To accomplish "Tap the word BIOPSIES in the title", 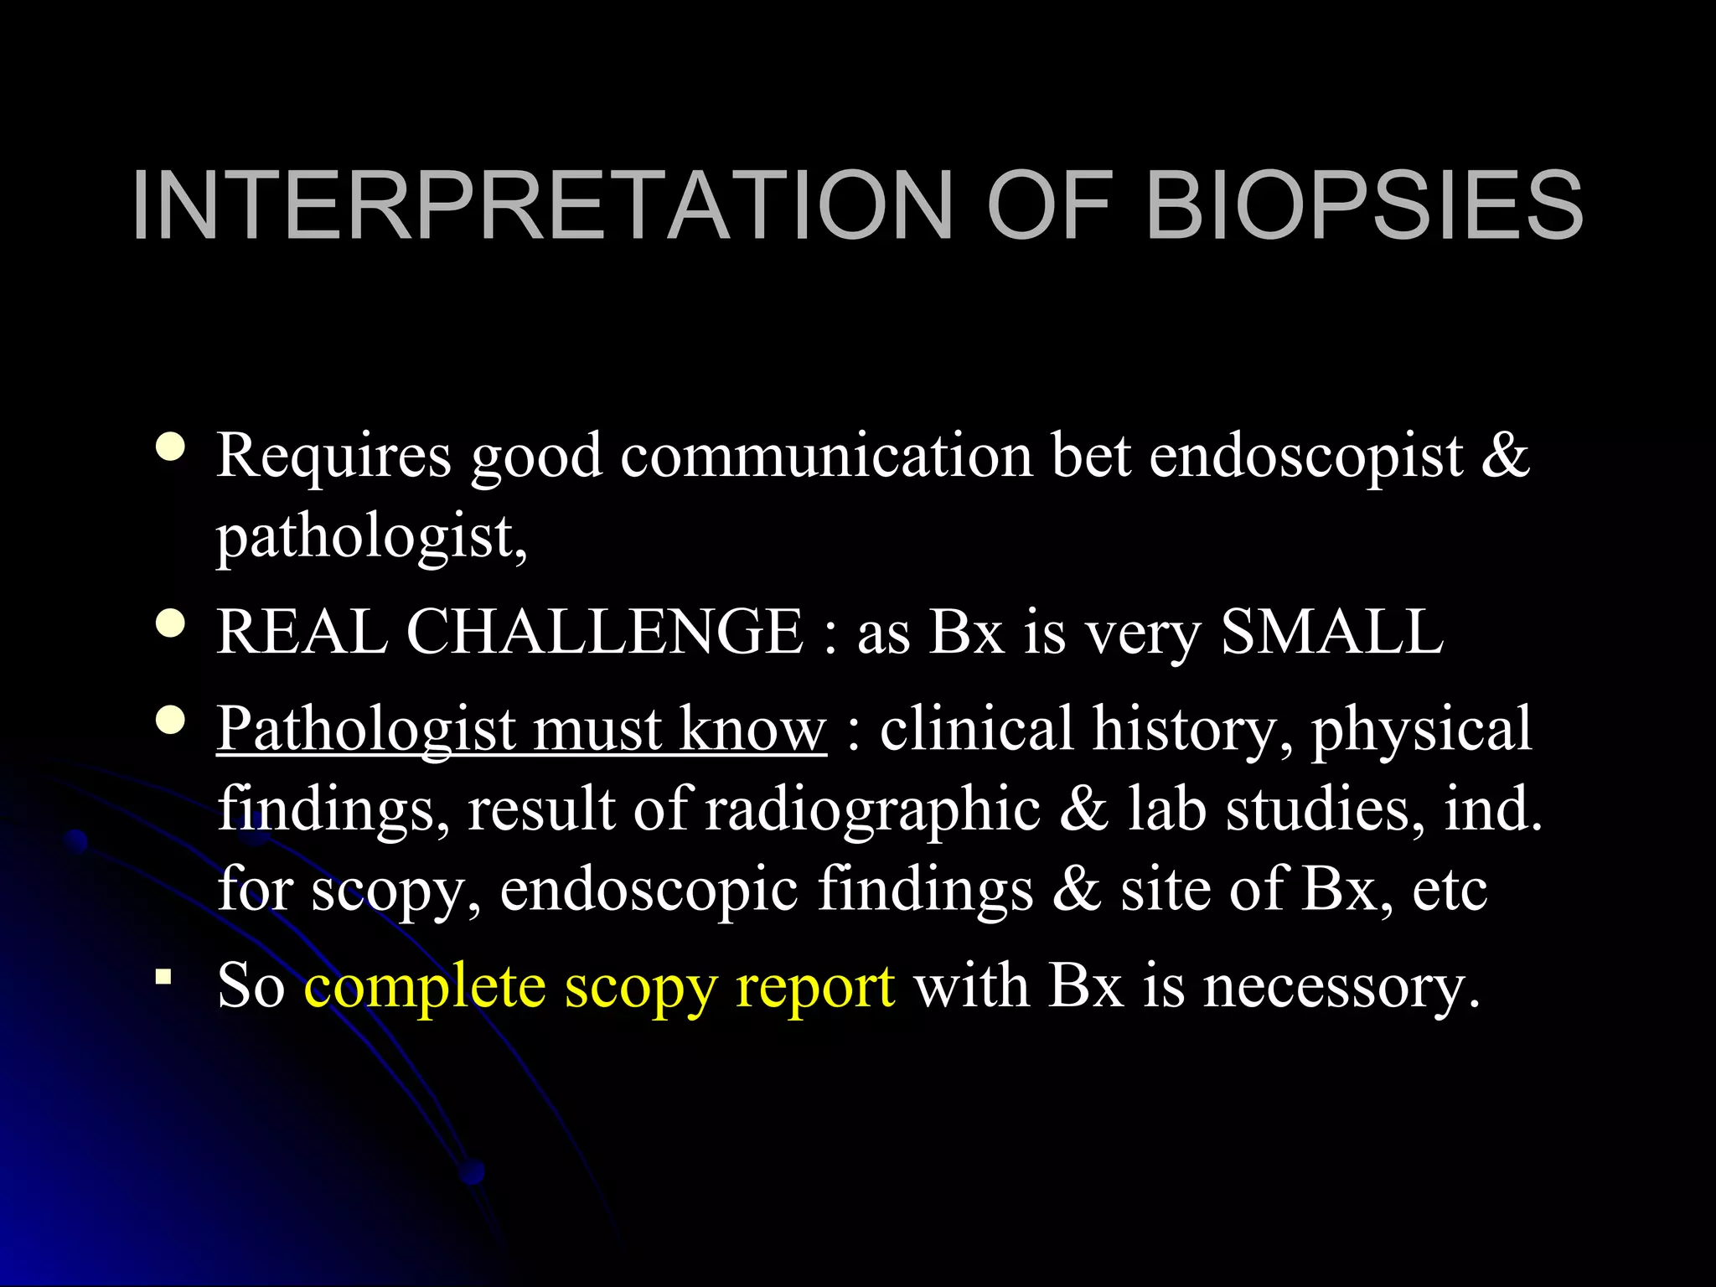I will tap(1364, 205).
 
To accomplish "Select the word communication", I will tap(826, 457).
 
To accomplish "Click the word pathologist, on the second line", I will tap(372, 538).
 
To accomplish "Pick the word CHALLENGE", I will tap(605, 632).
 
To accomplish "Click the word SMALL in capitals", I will tap(1332, 632).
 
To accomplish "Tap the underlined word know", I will tap(752, 729).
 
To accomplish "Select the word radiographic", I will tap(872, 811).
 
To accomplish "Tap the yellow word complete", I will tap(424, 988).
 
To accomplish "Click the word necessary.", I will tap(1341, 988).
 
